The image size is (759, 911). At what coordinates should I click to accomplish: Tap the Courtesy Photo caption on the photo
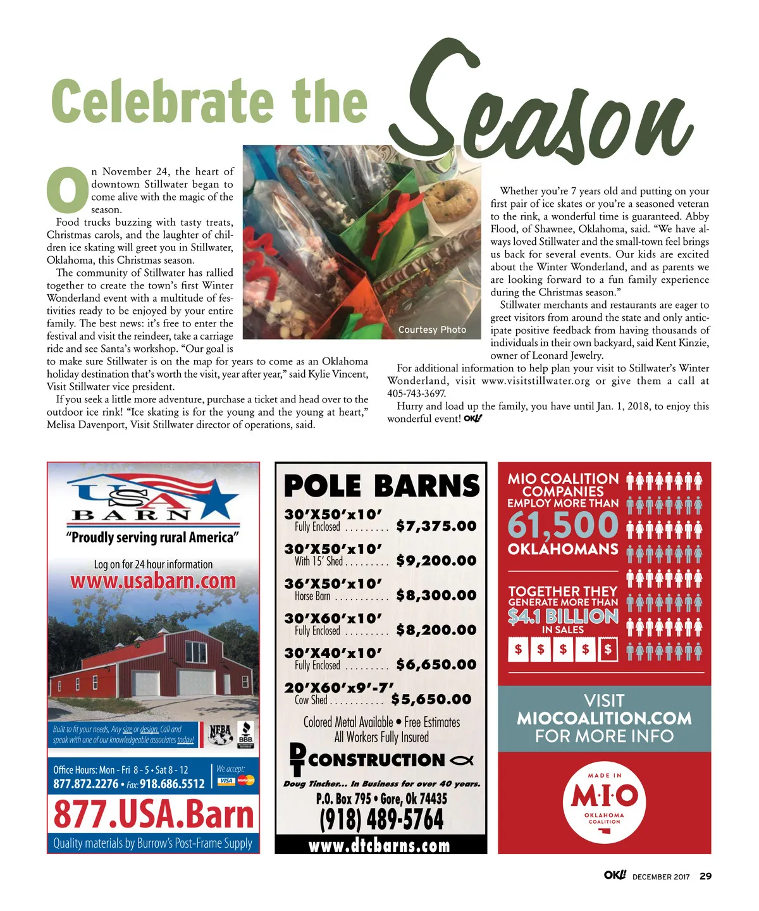click(432, 330)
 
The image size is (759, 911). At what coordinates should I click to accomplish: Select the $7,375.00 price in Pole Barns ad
click(436, 526)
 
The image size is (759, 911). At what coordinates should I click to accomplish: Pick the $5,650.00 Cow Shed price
click(431, 699)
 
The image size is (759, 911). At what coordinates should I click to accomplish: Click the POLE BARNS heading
click(381, 486)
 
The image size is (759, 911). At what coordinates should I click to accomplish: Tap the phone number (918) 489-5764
click(381, 820)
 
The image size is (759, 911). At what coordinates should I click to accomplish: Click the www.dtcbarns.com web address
click(379, 846)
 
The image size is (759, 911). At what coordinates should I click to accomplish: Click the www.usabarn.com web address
click(153, 581)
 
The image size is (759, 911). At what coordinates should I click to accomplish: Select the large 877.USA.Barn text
click(153, 814)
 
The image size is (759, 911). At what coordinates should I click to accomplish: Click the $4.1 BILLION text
click(562, 616)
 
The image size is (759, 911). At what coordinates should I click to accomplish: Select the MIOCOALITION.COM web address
click(604, 719)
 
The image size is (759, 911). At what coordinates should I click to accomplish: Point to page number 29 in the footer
click(705, 876)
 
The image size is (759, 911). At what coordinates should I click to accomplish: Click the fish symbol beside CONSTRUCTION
click(462, 760)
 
